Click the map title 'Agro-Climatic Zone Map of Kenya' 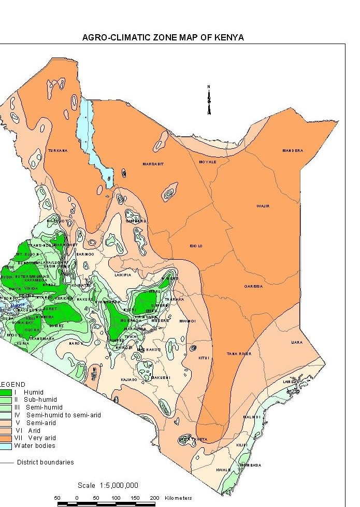pyautogui.click(x=163, y=38)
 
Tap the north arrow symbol pyautogui.click(x=209, y=100)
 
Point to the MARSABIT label pyautogui.click(x=153, y=164)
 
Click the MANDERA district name pyautogui.click(x=293, y=150)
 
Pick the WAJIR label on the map pyautogui.click(x=263, y=206)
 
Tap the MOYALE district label pyautogui.click(x=207, y=162)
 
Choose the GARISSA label pyautogui.click(x=254, y=286)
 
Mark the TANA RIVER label pyautogui.click(x=239, y=354)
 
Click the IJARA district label pyautogui.click(x=297, y=342)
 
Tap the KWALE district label pyautogui.click(x=223, y=470)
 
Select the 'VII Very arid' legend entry pyautogui.click(x=35, y=438)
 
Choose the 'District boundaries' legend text pyautogui.click(x=46, y=462)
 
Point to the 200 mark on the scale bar pyautogui.click(x=154, y=498)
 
